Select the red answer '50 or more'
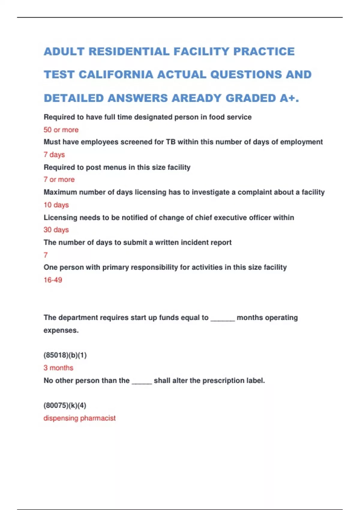coord(61,130)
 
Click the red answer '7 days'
coord(54,155)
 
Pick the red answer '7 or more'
coord(59,180)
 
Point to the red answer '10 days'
coord(56,205)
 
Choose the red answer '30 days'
coord(56,230)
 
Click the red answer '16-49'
coord(53,280)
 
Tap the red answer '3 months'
coord(58,368)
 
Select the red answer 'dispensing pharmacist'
coord(79,418)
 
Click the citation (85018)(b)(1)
coord(65,355)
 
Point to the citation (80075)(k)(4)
coord(65,406)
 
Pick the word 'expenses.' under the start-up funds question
coord(61,330)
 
